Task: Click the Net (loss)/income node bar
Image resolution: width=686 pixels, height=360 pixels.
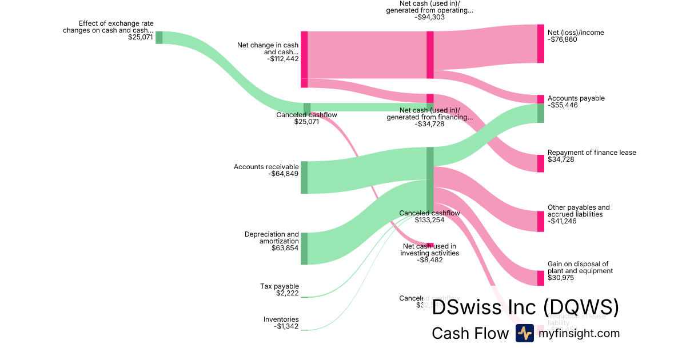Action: [540, 43]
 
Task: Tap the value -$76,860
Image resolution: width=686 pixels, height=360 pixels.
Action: [564, 40]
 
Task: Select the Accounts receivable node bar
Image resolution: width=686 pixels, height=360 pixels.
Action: [304, 177]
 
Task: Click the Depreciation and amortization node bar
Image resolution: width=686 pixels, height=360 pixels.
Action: [304, 249]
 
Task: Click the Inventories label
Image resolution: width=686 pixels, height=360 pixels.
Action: [281, 319]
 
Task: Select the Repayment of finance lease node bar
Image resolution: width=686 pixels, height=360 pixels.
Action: [540, 163]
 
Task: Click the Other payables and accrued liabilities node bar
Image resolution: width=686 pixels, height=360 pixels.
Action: [540, 221]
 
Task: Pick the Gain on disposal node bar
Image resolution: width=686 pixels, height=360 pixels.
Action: [540, 278]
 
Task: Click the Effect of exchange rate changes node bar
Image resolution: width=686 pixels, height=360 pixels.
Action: [159, 37]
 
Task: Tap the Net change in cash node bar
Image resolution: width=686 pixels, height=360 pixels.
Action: [304, 59]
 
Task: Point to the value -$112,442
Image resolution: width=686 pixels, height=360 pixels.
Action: [282, 58]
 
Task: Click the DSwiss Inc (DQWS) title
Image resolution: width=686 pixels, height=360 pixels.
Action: [525, 308]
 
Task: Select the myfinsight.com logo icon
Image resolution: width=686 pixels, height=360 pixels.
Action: [524, 333]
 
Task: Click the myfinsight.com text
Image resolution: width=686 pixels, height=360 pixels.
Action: [579, 333]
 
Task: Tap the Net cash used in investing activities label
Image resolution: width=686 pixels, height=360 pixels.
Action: [429, 250]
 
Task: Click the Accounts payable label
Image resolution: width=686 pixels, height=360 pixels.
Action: [576, 98]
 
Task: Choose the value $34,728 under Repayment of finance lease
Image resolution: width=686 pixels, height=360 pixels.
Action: [561, 159]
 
